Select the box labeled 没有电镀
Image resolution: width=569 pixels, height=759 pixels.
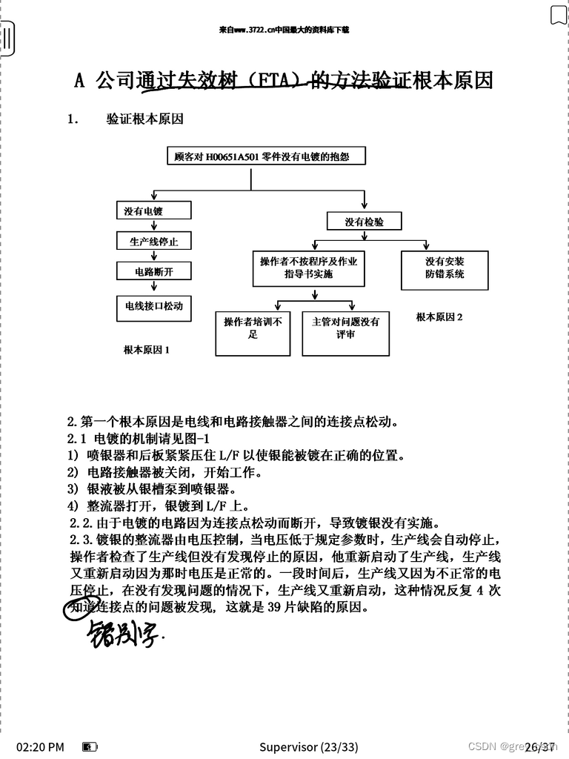153,211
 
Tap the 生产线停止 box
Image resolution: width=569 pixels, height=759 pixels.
153,242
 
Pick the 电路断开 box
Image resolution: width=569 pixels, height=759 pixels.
153,271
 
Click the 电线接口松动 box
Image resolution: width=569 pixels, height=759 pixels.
153,305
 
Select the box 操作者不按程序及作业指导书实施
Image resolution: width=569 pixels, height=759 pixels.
308,268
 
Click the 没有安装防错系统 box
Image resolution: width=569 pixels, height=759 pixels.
445,268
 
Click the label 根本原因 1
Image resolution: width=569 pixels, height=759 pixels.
146,350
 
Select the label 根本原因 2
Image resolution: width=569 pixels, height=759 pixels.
439,317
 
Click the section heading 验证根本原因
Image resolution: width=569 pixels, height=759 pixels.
144,119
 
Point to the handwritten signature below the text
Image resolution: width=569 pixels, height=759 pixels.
122,633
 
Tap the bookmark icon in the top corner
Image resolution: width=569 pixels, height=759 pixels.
559,15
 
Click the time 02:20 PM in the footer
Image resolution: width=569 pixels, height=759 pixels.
40,746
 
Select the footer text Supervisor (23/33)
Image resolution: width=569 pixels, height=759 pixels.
308,746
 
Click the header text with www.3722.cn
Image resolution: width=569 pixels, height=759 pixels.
284,30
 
